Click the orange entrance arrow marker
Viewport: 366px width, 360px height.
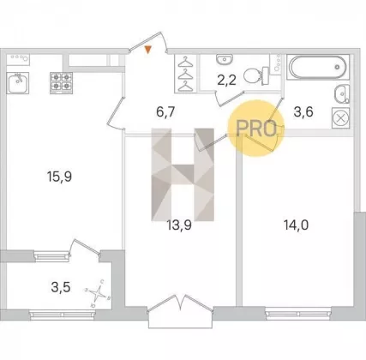pyautogui.click(x=147, y=50)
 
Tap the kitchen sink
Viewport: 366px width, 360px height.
pyautogui.click(x=18, y=83)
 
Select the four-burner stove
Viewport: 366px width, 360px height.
pyautogui.click(x=61, y=83)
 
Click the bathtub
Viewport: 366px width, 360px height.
pyautogui.click(x=318, y=67)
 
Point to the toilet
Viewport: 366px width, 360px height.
pyautogui.click(x=256, y=75)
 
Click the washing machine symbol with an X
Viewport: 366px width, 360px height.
pyautogui.click(x=340, y=118)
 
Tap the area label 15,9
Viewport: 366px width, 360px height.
pyautogui.click(x=60, y=177)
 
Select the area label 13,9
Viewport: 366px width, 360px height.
pyautogui.click(x=179, y=225)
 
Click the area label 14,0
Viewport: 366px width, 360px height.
pyautogui.click(x=296, y=225)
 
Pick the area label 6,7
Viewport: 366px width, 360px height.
pyautogui.click(x=165, y=111)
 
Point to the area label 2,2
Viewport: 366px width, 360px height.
pyautogui.click(x=226, y=81)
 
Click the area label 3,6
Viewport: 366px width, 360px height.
pyautogui.click(x=303, y=111)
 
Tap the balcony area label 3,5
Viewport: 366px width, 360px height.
pyautogui.click(x=61, y=287)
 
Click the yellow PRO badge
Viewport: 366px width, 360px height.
pyautogui.click(x=256, y=128)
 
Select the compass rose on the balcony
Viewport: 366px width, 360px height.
pyautogui.click(x=98, y=293)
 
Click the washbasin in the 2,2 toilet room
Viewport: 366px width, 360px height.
pyautogui.click(x=225, y=59)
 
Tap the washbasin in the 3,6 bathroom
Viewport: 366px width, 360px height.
pyautogui.click(x=342, y=93)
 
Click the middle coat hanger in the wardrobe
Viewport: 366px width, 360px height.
pyautogui.click(x=185, y=74)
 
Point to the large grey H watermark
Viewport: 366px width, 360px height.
pyautogui.click(x=183, y=175)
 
